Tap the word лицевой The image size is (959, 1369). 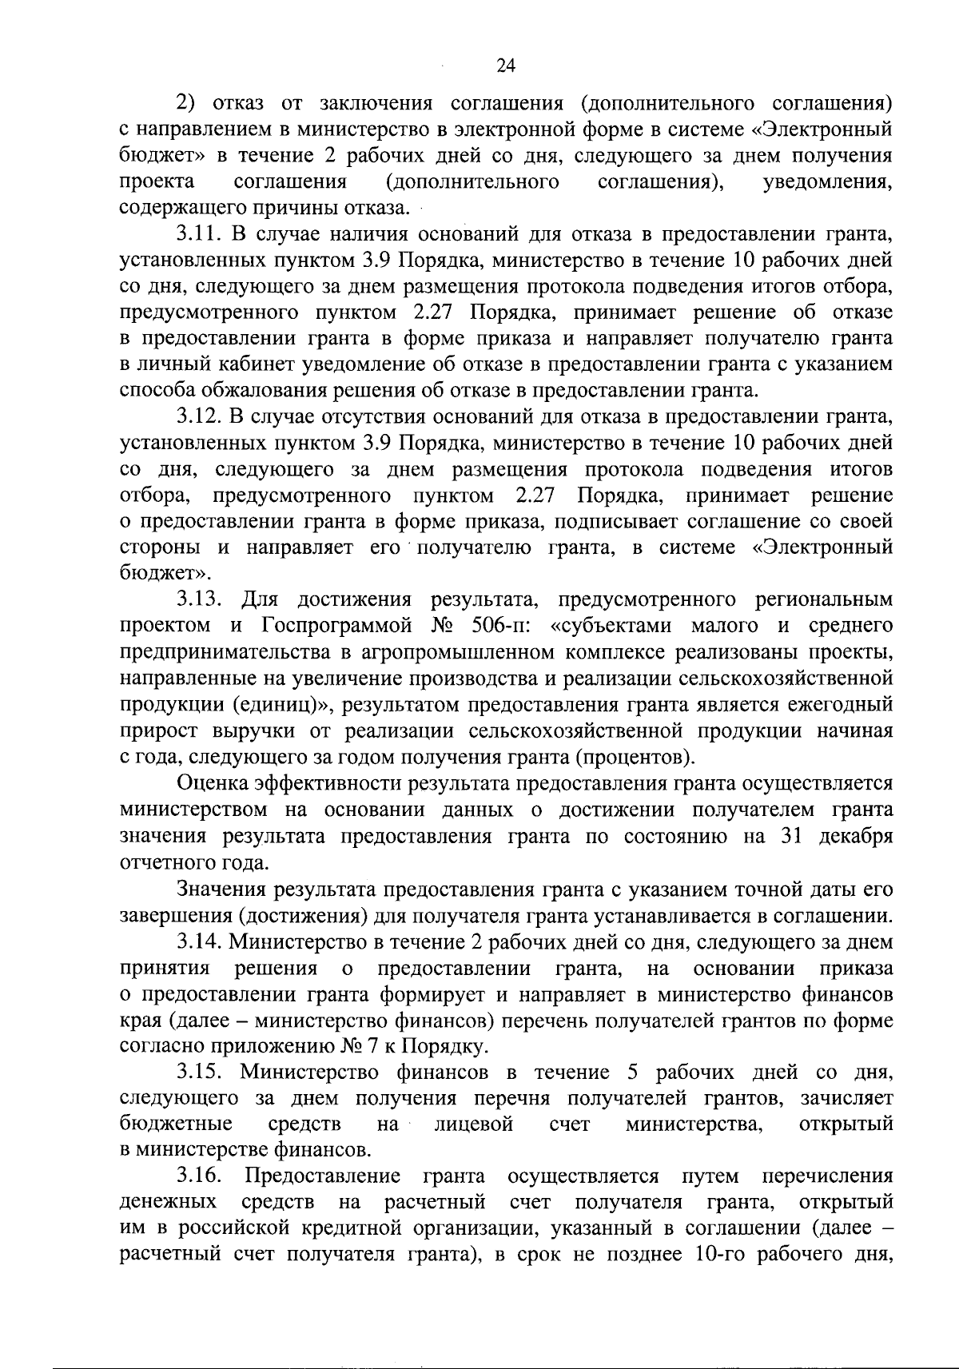coord(472,1124)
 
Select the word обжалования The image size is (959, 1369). coord(254,390)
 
